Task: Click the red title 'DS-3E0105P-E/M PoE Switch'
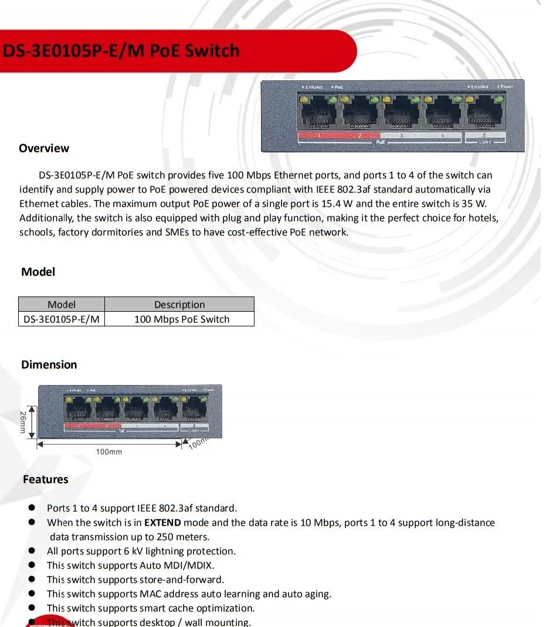coord(121,50)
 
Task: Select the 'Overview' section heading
coord(44,148)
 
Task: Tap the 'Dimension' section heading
coord(49,364)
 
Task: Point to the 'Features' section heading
coord(46,479)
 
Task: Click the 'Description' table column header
coord(179,304)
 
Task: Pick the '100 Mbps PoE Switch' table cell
coord(182,319)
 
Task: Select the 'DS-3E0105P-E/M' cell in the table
coord(62,319)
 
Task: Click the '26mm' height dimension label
coord(23,422)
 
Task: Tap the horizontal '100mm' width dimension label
coord(109,452)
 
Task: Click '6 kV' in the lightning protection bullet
coord(134,551)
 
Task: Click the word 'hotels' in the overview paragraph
coord(483,218)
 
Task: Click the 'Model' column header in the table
coord(62,304)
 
